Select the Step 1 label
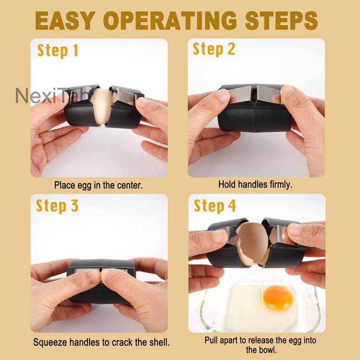(58, 50)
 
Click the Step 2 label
(214, 49)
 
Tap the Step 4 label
(215, 206)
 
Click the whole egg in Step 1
(103, 106)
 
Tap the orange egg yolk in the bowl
(278, 297)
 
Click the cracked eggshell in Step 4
(251, 238)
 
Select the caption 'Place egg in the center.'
(99, 185)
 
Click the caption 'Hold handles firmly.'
(255, 184)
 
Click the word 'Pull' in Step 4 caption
(211, 340)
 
